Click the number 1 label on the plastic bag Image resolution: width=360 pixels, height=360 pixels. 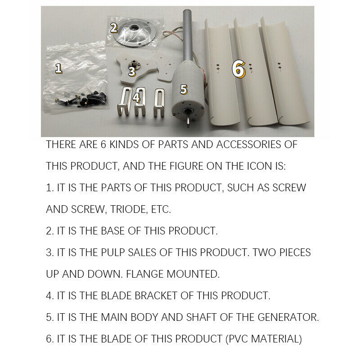tap(59, 68)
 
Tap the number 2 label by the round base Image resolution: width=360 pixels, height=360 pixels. tap(114, 28)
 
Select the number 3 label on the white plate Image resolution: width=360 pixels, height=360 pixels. tap(132, 71)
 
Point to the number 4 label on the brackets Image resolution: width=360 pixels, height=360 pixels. tap(136, 98)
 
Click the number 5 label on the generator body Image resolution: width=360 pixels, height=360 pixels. tap(184, 89)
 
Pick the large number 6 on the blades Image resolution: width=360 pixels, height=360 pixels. tap(238, 69)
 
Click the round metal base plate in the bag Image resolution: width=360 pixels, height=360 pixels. tap(135, 32)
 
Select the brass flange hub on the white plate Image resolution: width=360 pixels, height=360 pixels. tap(133, 63)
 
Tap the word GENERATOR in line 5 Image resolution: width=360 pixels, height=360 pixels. tap(288, 317)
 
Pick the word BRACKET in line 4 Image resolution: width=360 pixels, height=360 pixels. tap(156, 296)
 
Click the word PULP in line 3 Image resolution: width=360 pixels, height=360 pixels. tap(113, 252)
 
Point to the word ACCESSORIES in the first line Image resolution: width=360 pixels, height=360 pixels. tap(249, 144)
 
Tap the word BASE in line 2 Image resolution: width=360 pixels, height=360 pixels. tap(112, 231)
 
